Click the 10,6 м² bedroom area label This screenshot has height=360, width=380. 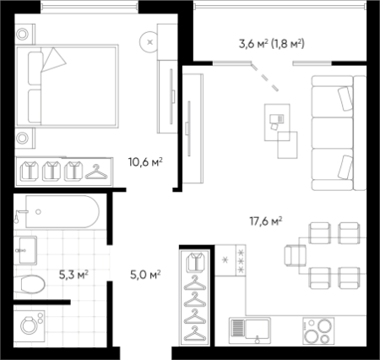(145, 162)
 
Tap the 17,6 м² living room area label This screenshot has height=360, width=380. (266, 221)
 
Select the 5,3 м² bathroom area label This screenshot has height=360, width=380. (73, 274)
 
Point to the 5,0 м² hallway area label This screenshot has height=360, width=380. (145, 274)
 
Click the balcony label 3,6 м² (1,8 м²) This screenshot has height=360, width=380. (272, 44)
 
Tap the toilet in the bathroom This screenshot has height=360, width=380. (30, 284)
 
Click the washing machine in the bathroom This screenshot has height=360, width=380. (30, 326)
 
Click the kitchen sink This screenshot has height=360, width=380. (250, 330)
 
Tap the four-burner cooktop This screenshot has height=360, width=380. (318, 330)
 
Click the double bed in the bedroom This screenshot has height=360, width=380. (67, 86)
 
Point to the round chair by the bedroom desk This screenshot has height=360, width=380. (149, 42)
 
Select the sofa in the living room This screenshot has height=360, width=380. (339, 133)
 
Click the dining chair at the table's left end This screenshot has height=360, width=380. (295, 256)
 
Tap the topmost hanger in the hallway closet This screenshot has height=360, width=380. (195, 282)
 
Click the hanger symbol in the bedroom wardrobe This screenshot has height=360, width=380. (96, 172)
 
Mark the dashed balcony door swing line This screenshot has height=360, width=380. (264, 77)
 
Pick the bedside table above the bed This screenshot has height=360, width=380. (24, 34)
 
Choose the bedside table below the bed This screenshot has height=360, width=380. (24, 139)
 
